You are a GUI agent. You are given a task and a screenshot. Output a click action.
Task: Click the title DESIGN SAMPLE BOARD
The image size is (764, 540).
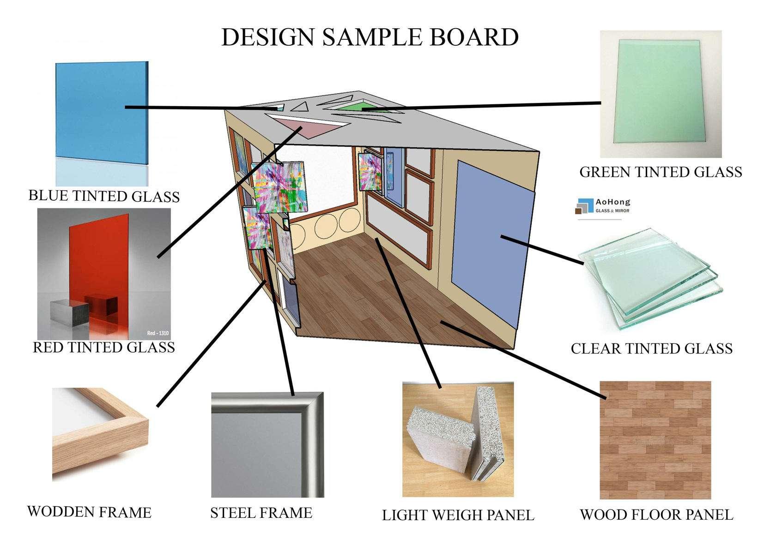pos(370,37)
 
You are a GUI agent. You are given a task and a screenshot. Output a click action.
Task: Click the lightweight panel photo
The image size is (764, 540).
pos(458,438)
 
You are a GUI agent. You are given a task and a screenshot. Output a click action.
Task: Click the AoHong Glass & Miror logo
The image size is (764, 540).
pos(602,206)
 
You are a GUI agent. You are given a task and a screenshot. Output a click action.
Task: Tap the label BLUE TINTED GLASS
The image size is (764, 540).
pos(104,196)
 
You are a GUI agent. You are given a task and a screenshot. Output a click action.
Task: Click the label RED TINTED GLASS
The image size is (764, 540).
pos(104,347)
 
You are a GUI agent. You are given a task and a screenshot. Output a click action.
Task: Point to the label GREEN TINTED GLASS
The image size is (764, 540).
pos(661,172)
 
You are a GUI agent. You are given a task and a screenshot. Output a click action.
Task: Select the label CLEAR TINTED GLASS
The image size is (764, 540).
pos(651,348)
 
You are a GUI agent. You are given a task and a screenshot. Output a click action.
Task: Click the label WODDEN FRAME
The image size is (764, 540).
pos(89,512)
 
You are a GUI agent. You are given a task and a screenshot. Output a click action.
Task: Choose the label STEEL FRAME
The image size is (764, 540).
pos(261,513)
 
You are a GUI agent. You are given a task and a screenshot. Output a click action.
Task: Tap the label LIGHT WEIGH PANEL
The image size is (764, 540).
pos(458,515)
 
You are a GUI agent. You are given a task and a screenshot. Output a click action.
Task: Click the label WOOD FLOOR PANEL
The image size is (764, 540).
pos(656,515)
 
